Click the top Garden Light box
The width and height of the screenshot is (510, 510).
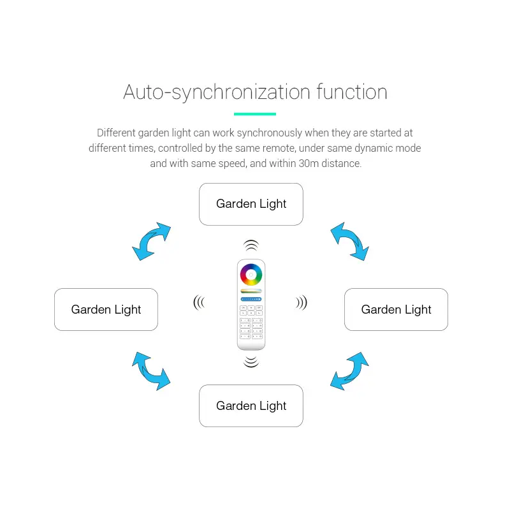[251, 204]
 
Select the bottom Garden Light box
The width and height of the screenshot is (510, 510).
[251, 406]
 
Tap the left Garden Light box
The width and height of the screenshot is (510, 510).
[106, 309]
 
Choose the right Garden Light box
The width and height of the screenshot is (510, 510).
[396, 309]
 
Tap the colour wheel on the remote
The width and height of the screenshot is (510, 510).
[251, 275]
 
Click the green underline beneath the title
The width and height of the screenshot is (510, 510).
[255, 114]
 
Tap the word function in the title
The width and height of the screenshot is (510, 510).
[352, 92]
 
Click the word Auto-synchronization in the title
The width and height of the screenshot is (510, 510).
[217, 92]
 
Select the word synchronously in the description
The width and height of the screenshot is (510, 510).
[270, 133]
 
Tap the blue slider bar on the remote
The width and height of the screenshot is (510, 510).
[251, 299]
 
